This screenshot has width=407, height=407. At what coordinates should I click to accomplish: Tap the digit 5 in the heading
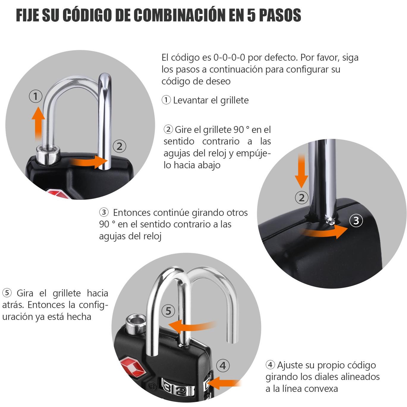(251, 15)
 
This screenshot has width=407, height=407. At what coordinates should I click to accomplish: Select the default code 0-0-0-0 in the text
(229, 57)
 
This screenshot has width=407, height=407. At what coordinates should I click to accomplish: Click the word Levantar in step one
(190, 100)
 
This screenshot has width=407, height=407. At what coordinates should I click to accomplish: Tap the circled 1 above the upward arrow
(35, 96)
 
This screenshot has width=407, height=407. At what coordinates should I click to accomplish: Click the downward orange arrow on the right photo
(301, 171)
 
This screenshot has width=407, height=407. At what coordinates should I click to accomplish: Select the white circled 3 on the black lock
(356, 221)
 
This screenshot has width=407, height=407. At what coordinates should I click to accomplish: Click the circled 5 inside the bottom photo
(168, 311)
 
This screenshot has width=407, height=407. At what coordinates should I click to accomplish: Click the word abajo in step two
(209, 165)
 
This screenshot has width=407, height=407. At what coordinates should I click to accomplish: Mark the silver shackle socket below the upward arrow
(48, 155)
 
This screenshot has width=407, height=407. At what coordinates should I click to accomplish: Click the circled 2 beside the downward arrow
(301, 197)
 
